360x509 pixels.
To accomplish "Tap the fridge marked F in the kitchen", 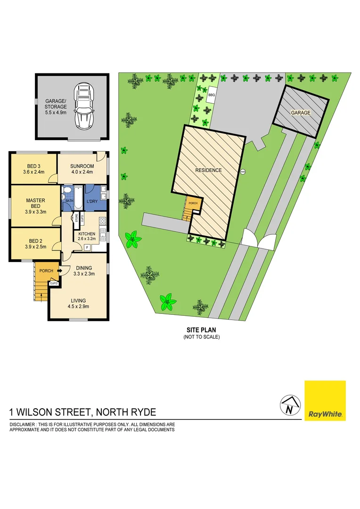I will [87, 246].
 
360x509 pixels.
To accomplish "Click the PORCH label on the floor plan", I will [46, 271].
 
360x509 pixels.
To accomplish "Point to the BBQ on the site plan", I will [211, 95].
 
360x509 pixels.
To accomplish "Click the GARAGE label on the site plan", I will [300, 113].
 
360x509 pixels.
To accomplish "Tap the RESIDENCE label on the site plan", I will [208, 170].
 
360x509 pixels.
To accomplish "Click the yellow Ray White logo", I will [325, 401].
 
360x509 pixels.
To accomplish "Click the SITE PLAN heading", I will [201, 330].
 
